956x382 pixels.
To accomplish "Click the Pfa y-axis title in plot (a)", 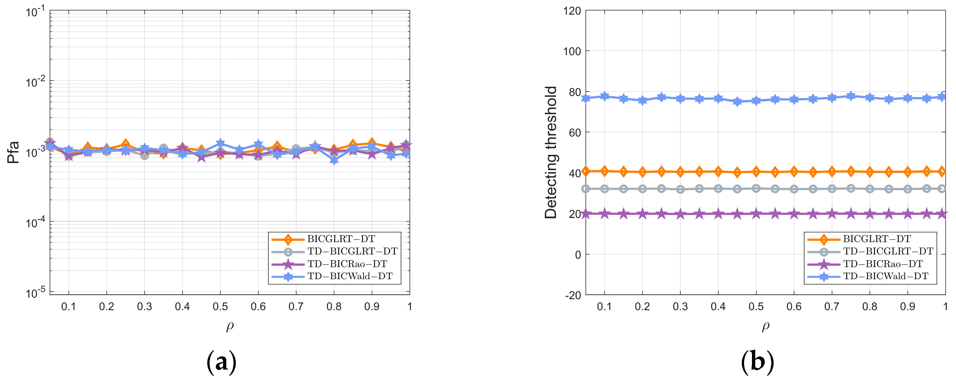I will (13, 152).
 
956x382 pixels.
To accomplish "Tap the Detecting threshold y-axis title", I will (551, 152).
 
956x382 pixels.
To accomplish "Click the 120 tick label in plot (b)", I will (572, 11).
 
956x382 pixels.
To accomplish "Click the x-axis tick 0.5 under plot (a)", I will (220, 307).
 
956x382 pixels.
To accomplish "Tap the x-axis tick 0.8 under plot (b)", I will (870, 307).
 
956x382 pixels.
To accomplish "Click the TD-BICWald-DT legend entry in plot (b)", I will (886, 276).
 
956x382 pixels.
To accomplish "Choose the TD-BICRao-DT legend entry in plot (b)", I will (883, 264).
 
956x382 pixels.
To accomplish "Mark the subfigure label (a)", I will (221, 362).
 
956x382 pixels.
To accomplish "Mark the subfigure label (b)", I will (758, 362).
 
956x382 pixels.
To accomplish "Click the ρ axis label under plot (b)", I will (766, 326).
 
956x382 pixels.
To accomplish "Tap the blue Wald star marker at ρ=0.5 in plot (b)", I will (756, 101).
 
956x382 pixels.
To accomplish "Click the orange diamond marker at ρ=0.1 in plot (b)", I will (605, 171).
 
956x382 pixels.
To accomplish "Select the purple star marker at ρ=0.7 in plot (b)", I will (832, 214).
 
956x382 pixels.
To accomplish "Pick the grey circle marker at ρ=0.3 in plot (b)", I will (680, 190).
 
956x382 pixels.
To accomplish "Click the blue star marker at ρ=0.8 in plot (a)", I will (334, 160).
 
